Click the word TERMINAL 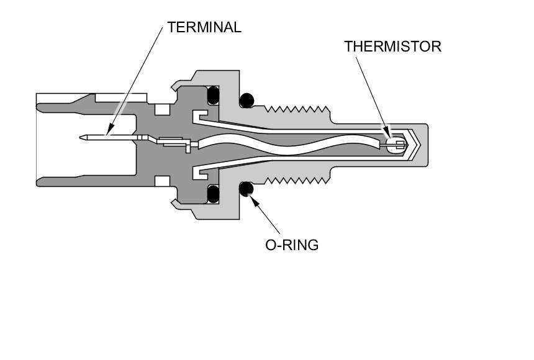204,28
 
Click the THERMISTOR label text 392,47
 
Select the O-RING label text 292,245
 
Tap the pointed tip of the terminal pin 83,137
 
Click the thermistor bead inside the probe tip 393,145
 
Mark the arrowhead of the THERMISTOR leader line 390,137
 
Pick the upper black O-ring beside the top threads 247,99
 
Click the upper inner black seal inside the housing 214,94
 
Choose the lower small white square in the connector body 163,181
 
